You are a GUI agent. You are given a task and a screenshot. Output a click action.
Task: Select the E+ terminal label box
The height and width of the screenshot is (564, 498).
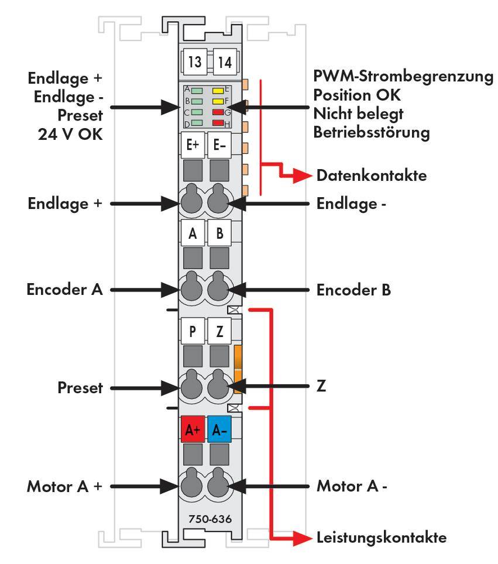pyautogui.click(x=193, y=146)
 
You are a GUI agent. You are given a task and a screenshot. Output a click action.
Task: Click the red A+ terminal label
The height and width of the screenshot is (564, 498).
pyautogui.click(x=193, y=431)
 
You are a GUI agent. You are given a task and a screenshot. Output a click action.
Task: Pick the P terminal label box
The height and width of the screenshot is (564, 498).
pyautogui.click(x=193, y=331)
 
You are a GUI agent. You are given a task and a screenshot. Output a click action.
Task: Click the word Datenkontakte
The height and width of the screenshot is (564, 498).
pyautogui.click(x=372, y=175)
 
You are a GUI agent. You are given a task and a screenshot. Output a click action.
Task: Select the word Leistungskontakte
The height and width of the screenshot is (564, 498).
pyautogui.click(x=382, y=537)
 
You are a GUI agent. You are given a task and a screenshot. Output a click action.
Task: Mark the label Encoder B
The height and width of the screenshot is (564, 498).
pyautogui.click(x=353, y=290)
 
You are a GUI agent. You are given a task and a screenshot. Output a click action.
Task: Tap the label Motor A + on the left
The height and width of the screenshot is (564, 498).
pyautogui.click(x=64, y=486)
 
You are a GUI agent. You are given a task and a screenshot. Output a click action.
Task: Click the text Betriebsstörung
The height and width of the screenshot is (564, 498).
pyautogui.click(x=371, y=132)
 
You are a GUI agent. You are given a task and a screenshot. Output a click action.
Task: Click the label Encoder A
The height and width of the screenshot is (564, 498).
pyautogui.click(x=64, y=290)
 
